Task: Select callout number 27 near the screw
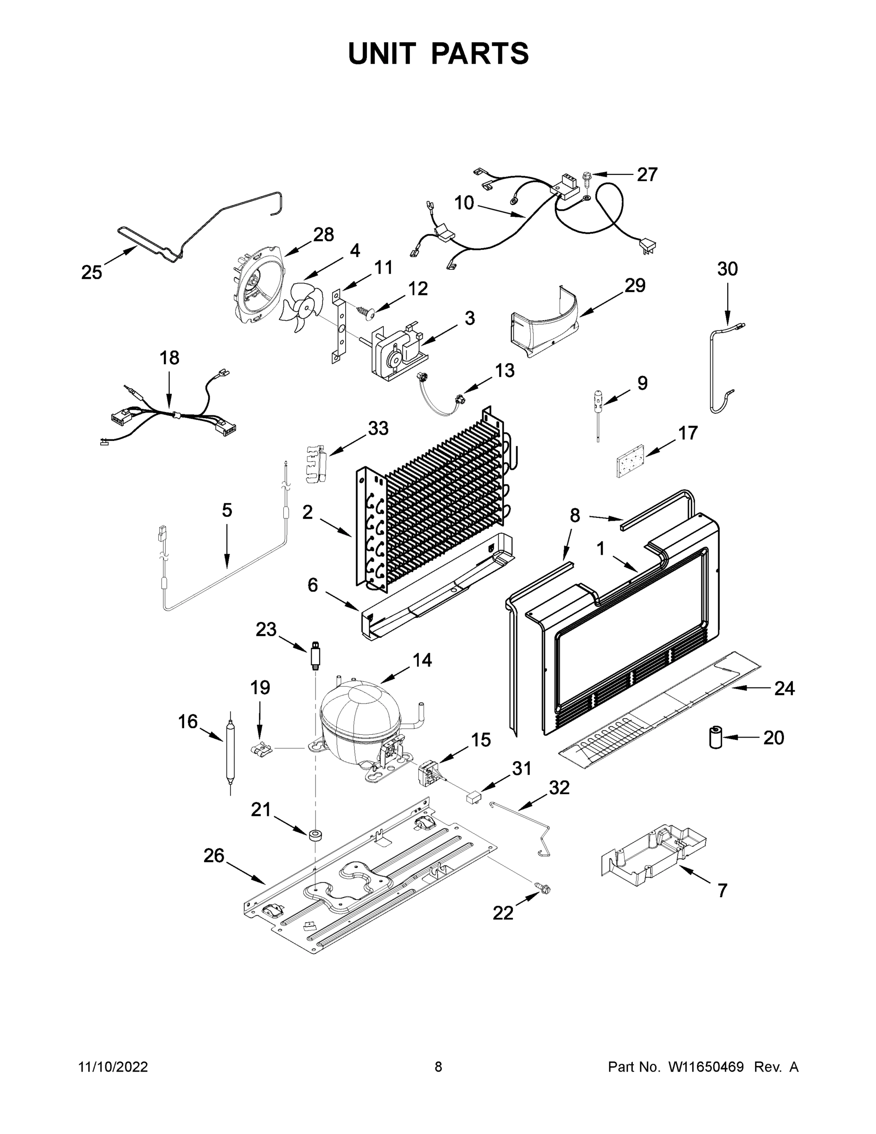(646, 174)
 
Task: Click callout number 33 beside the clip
(378, 429)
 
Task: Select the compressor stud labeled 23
(315, 655)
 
